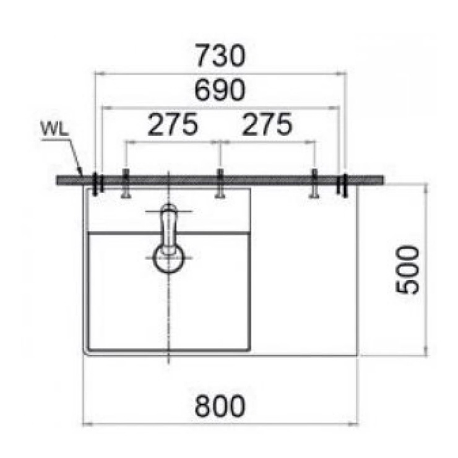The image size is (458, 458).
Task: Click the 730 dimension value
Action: (x=220, y=55)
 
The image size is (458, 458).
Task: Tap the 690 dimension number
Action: (x=220, y=90)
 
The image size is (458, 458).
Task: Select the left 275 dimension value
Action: (x=173, y=124)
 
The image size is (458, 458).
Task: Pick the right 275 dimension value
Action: (x=267, y=124)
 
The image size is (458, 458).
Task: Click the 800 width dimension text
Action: (x=220, y=406)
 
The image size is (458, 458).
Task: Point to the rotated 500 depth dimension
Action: (x=407, y=269)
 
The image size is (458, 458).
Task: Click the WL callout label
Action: (x=54, y=129)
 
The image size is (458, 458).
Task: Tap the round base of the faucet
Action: (x=168, y=259)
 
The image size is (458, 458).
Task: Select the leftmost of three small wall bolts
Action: (x=126, y=184)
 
